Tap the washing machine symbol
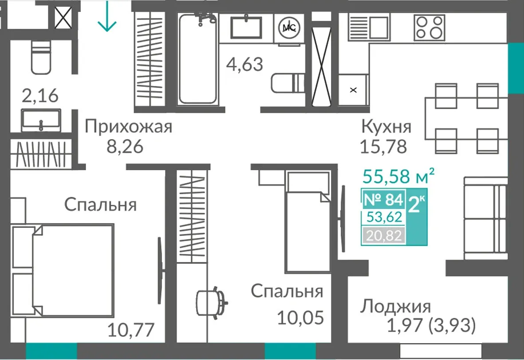pos(289,28)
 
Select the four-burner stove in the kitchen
pos(429,28)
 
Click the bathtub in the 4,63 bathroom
pos(197,58)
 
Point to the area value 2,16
pos(40,95)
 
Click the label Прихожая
pos(128,127)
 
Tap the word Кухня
pos(386,127)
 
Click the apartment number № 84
pos(383,200)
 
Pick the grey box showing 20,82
pos(384,236)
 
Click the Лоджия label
pos(395,306)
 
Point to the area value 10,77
pos(131,330)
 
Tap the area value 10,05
pos(300,317)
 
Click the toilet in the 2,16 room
pos(41,56)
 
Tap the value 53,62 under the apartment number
pos(384,217)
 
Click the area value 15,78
pos(383,146)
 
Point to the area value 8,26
pos(125,146)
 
